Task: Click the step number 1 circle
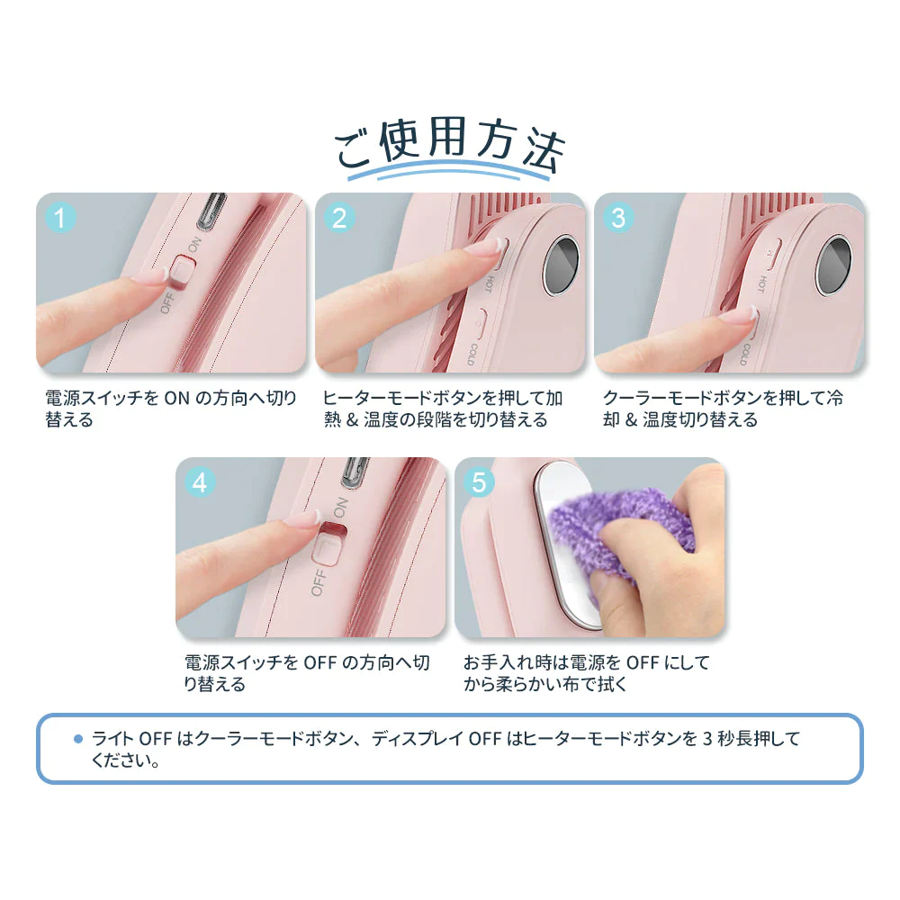coord(60,218)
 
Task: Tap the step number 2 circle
coord(339,218)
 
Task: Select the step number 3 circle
coord(618,218)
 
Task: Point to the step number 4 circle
coord(200,482)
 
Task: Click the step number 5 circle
coord(479,482)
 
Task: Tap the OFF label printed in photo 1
coord(167,302)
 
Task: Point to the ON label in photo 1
coord(194,244)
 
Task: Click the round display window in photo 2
coord(562,265)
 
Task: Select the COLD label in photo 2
coord(472,354)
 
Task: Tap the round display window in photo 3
coord(833,265)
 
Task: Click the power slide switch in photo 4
coord(329,543)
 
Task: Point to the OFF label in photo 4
coord(319,582)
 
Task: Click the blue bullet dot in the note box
coord(78,739)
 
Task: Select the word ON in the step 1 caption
coord(176,398)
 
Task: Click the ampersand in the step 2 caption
coord(353,419)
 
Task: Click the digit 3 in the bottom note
coord(707,738)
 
